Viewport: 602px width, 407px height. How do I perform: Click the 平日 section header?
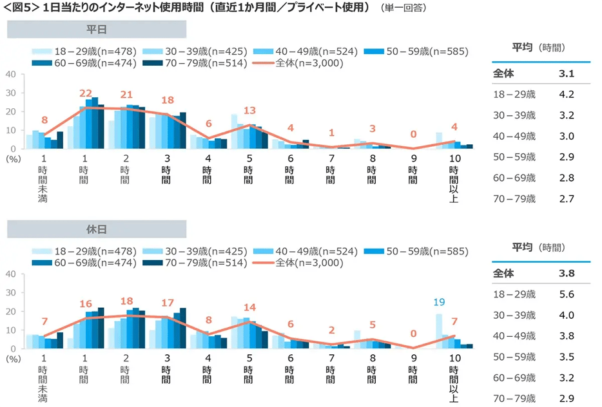pos(97,29)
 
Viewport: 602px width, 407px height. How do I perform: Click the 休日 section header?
pos(97,229)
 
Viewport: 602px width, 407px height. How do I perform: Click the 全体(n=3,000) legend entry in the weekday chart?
pos(305,63)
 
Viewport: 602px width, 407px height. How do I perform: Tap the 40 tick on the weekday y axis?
pos(10,75)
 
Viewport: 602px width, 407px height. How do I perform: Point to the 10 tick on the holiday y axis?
pos(10,330)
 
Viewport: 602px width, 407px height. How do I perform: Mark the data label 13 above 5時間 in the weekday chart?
pos(249,109)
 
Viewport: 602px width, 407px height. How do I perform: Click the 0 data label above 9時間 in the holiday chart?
pos(414,334)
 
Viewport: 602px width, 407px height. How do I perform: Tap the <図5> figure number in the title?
pos(20,8)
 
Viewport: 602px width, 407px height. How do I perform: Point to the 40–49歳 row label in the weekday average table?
pos(514,137)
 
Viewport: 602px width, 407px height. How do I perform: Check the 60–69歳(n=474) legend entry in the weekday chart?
pos(88,63)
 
